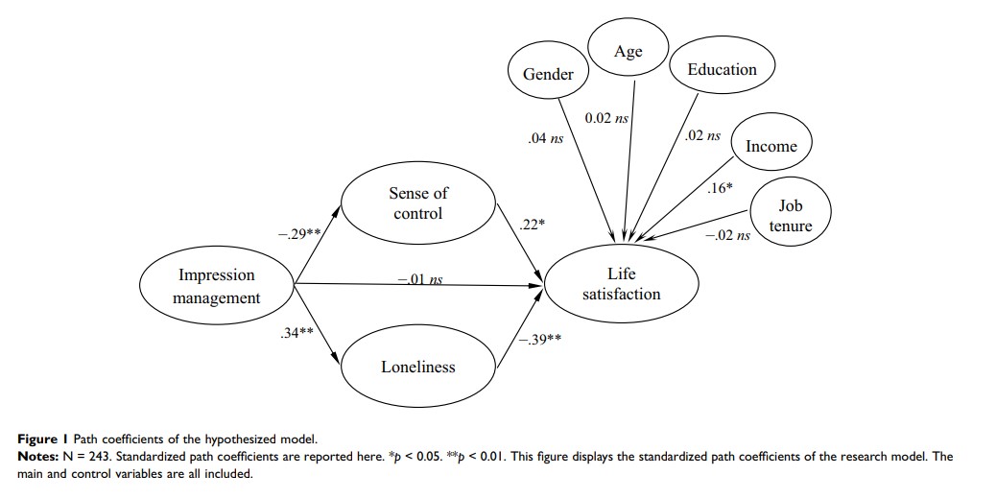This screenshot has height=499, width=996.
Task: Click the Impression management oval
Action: coord(216,286)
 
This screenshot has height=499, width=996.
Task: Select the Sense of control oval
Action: coord(418,203)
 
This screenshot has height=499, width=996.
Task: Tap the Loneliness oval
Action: coord(418,367)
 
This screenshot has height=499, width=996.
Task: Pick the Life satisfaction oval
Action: coord(621,284)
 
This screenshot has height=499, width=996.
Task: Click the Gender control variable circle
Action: coord(548,74)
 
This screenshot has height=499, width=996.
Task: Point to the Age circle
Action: coord(628,52)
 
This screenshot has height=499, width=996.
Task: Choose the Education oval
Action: coord(722,69)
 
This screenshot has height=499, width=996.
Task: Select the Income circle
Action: coord(771,146)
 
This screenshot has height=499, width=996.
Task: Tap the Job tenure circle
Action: coord(791,217)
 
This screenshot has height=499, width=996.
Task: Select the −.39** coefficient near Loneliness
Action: coord(540,340)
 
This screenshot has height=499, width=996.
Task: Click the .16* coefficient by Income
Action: coord(719,188)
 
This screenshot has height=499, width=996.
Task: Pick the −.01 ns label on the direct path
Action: coord(420,279)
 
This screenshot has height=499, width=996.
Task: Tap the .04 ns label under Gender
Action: coord(545,139)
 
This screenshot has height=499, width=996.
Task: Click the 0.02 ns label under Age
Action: coord(606,117)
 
